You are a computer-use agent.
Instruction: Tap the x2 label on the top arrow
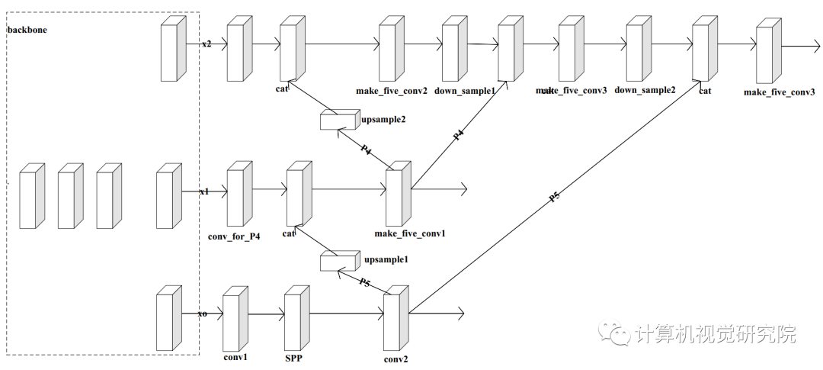207,44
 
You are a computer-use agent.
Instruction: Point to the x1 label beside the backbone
204,191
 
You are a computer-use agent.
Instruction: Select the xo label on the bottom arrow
202,314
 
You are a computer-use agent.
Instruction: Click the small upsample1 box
338,262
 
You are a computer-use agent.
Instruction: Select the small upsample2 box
338,120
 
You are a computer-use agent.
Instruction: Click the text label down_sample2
645,90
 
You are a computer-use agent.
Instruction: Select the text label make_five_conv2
391,91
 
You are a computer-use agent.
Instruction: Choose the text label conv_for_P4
234,236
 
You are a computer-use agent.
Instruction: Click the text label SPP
294,357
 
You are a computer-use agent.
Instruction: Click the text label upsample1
386,259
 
